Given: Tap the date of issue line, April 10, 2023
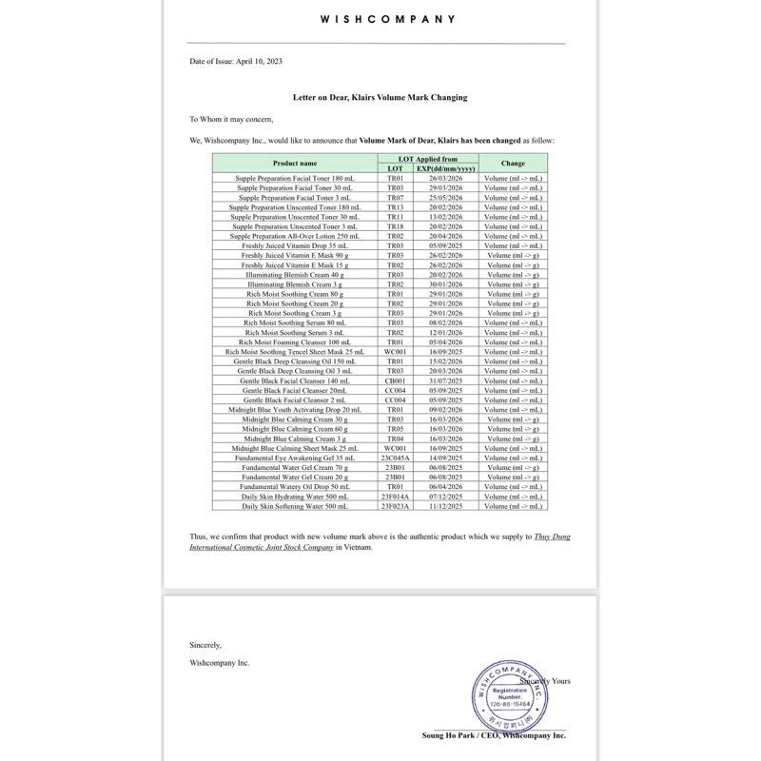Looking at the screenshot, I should pos(235,61).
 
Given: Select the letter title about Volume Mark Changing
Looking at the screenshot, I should pos(380,98).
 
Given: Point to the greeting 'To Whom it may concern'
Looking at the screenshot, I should pos(230,119).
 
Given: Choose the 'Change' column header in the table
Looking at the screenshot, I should pos(513,164).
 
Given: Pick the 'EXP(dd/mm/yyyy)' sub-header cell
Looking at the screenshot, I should pos(445,168).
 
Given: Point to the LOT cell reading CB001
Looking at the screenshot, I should pos(395,380).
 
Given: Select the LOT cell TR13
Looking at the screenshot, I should pos(395,206).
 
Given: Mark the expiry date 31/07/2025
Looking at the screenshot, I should pos(445,380).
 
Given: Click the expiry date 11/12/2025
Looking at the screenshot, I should pos(445,506).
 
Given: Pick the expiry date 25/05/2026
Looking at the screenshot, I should pos(445,197).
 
